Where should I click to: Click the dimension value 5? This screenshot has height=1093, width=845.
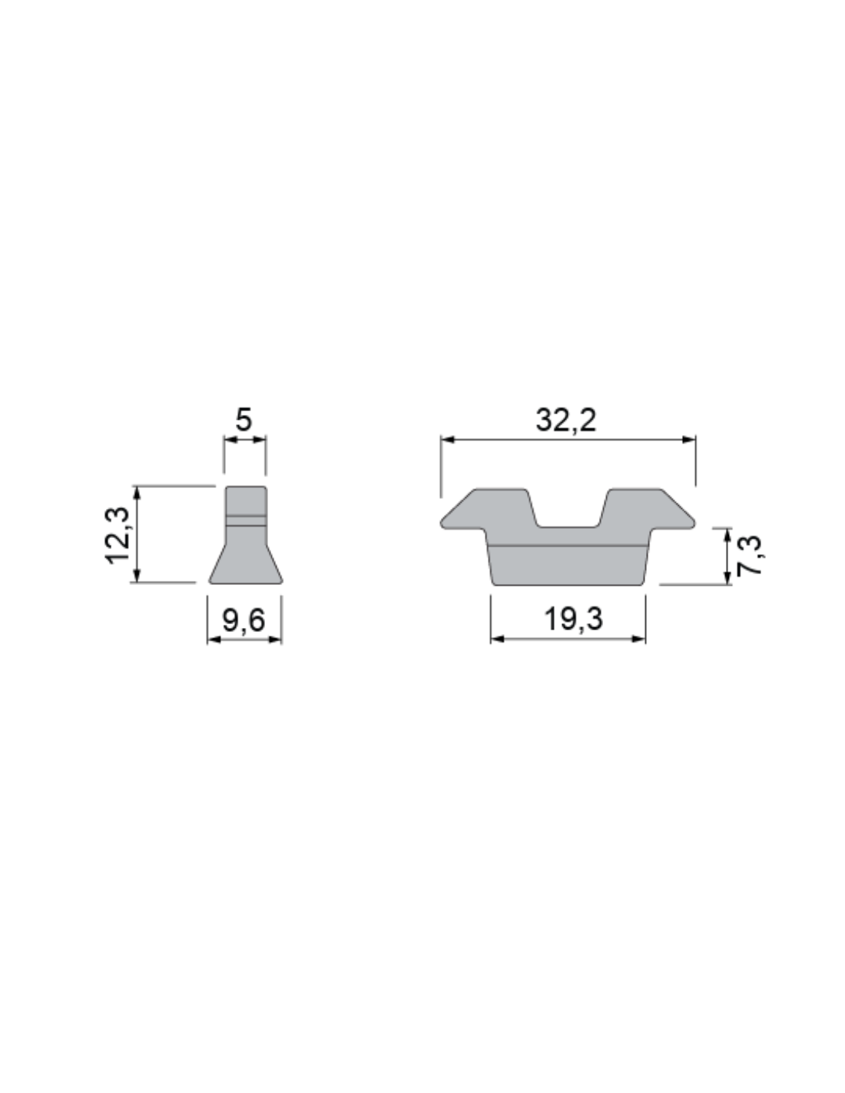244,420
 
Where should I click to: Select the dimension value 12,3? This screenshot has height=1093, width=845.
117,535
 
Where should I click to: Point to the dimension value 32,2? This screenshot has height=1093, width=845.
565,420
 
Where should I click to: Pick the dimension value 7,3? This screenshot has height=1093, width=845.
749,556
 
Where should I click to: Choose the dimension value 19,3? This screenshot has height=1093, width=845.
573,619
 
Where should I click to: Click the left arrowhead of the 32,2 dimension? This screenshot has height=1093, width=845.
447,440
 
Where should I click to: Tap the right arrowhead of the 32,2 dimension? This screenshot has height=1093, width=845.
689,440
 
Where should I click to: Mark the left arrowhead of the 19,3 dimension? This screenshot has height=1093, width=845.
497,639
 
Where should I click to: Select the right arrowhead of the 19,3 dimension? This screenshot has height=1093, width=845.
639,639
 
